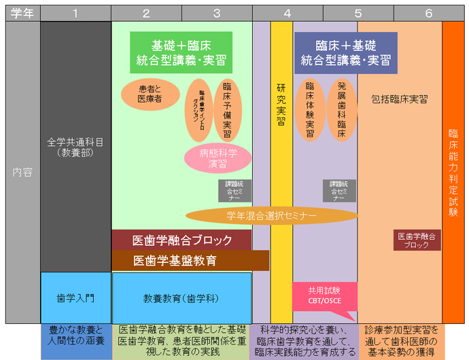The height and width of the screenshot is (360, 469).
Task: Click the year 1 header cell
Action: click(75, 13)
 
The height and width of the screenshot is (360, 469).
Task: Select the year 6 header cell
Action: click(428, 13)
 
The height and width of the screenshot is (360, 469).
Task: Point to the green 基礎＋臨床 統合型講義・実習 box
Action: click(181, 52)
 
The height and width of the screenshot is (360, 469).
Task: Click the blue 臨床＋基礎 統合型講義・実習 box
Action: click(346, 52)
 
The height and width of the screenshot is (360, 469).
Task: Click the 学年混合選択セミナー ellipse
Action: click(272, 216)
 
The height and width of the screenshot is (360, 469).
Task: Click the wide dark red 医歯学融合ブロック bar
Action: click(181, 240)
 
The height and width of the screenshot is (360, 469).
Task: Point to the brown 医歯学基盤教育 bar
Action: click(190, 260)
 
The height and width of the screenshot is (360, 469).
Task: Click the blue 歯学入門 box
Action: click(75, 298)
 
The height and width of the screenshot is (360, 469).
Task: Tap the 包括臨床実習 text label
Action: click(400, 99)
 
